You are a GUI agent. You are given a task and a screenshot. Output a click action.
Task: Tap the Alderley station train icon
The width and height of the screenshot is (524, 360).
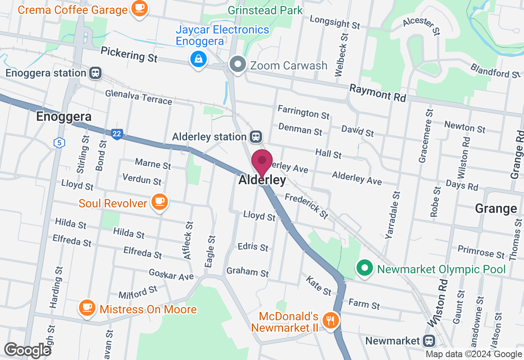point(257,137)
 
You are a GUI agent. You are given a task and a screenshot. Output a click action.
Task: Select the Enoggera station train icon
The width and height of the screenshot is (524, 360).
point(95,73)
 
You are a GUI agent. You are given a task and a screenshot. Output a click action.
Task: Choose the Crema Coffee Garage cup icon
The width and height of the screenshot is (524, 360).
point(140,8)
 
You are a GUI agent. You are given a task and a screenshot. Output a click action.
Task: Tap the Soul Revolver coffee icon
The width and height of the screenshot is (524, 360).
point(159,202)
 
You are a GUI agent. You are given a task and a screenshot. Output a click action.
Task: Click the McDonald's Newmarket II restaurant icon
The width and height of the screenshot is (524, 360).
point(330,319)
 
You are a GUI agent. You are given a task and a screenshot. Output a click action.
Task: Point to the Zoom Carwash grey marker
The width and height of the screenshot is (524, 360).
point(237,65)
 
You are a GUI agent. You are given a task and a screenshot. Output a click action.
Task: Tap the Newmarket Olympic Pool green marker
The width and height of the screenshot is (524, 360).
point(364,269)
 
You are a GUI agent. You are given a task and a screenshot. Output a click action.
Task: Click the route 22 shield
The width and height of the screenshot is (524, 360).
point(117,134)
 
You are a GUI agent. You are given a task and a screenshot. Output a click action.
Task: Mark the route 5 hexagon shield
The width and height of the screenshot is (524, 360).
point(59,143)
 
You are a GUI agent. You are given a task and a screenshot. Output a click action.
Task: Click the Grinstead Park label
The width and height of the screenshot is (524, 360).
point(265,10)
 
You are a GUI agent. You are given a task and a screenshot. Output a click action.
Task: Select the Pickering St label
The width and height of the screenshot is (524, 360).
point(129,54)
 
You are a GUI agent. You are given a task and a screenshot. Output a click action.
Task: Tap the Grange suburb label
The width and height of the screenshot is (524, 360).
point(496,209)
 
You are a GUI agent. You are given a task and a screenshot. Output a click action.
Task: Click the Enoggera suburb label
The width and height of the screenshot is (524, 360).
point(63,117)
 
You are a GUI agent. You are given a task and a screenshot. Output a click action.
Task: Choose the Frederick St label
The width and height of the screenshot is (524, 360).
point(307,205)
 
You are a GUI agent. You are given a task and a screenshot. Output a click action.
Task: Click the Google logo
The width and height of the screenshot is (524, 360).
point(27,350)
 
